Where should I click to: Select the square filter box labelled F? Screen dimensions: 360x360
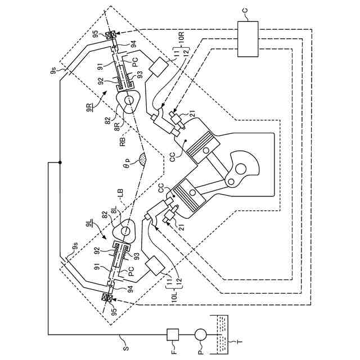172,334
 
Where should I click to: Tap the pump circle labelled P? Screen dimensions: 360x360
200,334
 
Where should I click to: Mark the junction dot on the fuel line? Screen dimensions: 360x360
59,163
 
